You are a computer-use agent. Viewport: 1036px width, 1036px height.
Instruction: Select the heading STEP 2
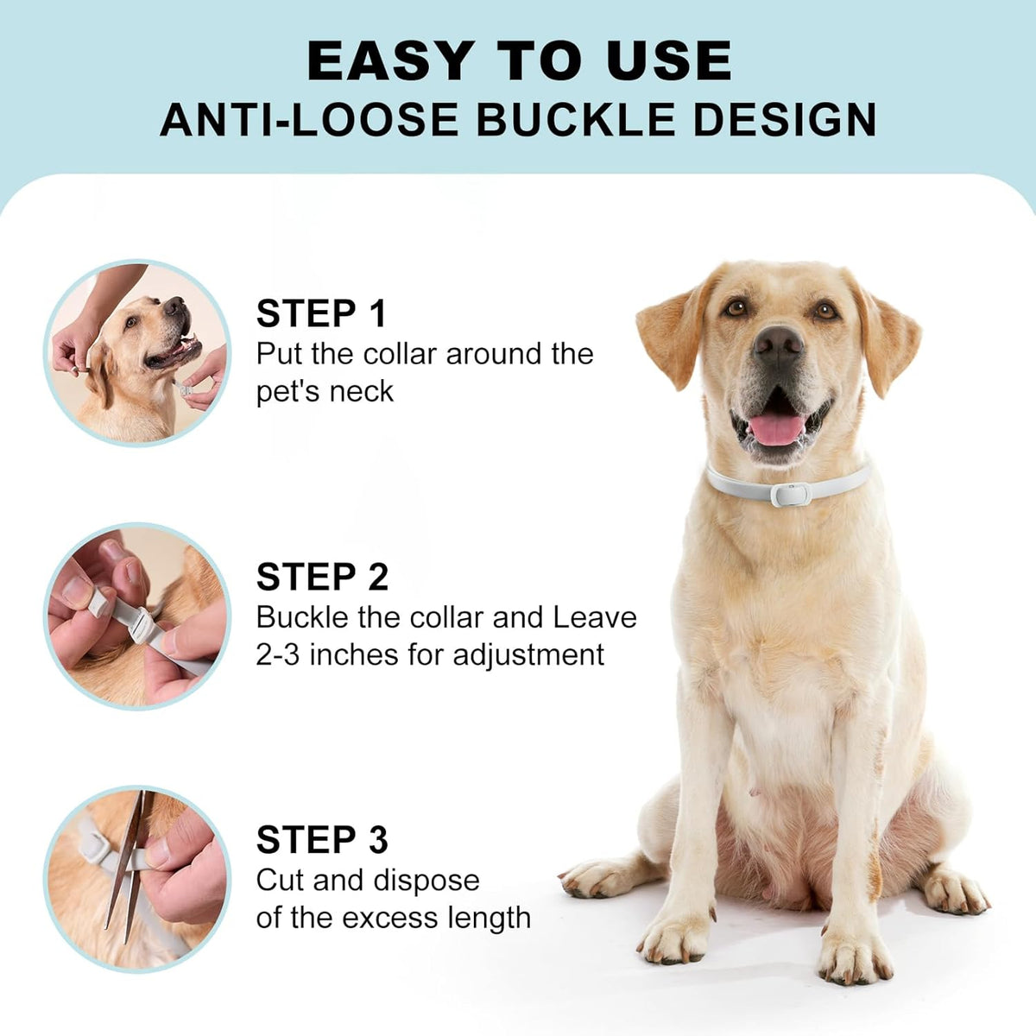coord(322,577)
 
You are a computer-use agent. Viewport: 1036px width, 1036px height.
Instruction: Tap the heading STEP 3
coord(322,840)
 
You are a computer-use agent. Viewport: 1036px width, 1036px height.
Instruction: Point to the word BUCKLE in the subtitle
coord(576,119)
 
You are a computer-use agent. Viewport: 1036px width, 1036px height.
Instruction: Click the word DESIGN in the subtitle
coord(785,119)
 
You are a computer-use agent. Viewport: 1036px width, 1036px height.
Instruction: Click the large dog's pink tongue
coord(777,428)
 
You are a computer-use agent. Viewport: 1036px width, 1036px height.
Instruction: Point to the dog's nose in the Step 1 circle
coord(174,306)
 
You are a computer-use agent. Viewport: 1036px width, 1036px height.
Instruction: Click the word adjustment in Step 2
coord(528,656)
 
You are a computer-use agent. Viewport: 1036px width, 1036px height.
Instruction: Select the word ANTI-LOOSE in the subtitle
coord(309,119)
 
